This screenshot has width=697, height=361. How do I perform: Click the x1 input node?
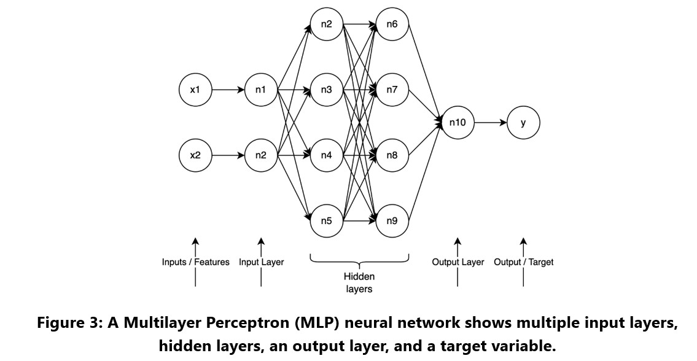pyautogui.click(x=195, y=90)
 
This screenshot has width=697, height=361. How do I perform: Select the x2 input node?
pyautogui.click(x=195, y=155)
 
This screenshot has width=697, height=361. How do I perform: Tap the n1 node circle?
pyautogui.click(x=260, y=90)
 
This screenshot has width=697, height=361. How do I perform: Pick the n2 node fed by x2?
pyautogui.click(x=260, y=155)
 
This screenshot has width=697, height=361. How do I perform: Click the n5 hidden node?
pyautogui.click(x=326, y=220)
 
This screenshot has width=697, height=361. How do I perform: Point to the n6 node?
pyautogui.click(x=392, y=24)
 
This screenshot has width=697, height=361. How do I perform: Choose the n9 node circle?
pyautogui.click(x=392, y=220)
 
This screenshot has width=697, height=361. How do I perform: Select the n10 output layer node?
pyautogui.click(x=458, y=122)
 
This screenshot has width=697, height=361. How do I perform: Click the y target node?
pyautogui.click(x=523, y=122)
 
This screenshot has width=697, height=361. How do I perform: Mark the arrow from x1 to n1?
pyautogui.click(x=227, y=90)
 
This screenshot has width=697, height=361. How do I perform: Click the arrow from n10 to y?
pyautogui.click(x=490, y=122)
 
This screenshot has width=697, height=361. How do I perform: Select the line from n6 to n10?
pyautogui.click(x=424, y=72)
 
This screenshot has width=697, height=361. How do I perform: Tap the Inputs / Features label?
pyautogui.click(x=195, y=262)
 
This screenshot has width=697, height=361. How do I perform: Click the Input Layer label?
pyautogui.click(x=262, y=262)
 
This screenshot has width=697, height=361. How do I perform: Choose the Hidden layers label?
pyautogui.click(x=359, y=283)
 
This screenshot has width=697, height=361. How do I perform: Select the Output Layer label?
pyautogui.click(x=458, y=262)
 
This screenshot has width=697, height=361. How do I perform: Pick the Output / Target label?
pyautogui.click(x=523, y=262)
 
